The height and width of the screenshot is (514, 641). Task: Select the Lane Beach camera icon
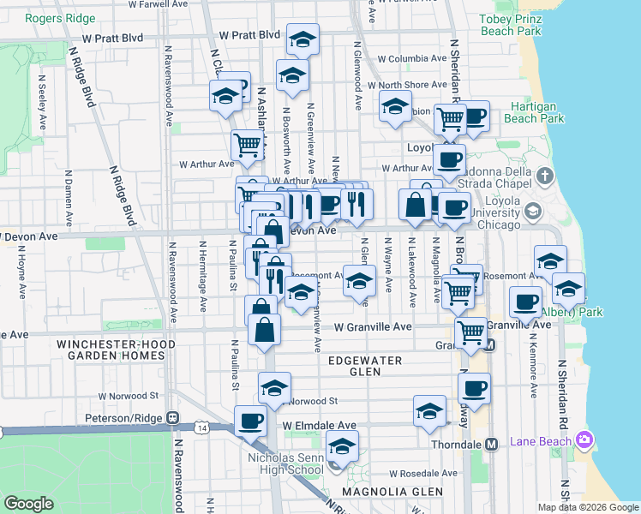585,439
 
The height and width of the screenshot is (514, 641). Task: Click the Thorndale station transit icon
492,445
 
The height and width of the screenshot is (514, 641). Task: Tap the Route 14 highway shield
201,427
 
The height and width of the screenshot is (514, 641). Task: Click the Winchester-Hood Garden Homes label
116,350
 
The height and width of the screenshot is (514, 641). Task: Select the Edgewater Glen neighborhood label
365,367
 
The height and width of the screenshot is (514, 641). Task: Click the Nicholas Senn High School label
285,463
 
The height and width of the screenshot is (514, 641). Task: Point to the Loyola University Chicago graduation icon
533,211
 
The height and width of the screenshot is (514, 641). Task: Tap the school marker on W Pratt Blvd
302,41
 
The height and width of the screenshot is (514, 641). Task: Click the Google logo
29,505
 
